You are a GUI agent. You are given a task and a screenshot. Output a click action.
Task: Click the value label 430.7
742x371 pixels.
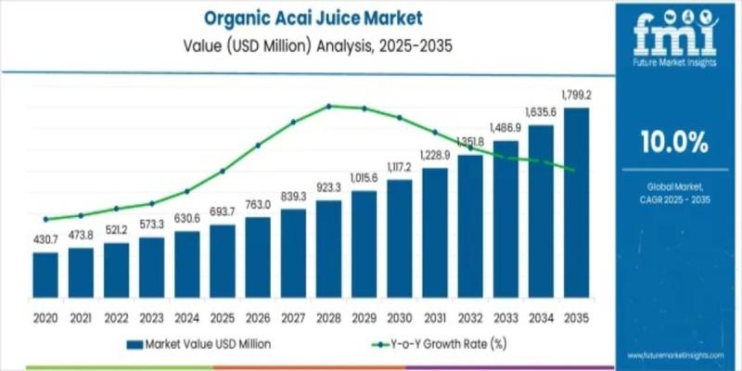(45, 239)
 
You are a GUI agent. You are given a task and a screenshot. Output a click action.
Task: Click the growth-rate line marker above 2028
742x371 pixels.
(328, 106)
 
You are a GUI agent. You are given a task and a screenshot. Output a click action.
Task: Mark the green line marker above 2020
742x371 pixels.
(45, 219)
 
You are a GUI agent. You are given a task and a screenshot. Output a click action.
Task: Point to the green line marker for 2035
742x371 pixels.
(576, 170)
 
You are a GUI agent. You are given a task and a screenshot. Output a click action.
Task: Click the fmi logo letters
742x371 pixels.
(674, 32)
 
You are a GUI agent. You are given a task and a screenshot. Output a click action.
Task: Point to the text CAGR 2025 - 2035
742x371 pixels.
(674, 198)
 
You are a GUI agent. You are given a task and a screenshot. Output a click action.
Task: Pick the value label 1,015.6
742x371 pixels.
(365, 177)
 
